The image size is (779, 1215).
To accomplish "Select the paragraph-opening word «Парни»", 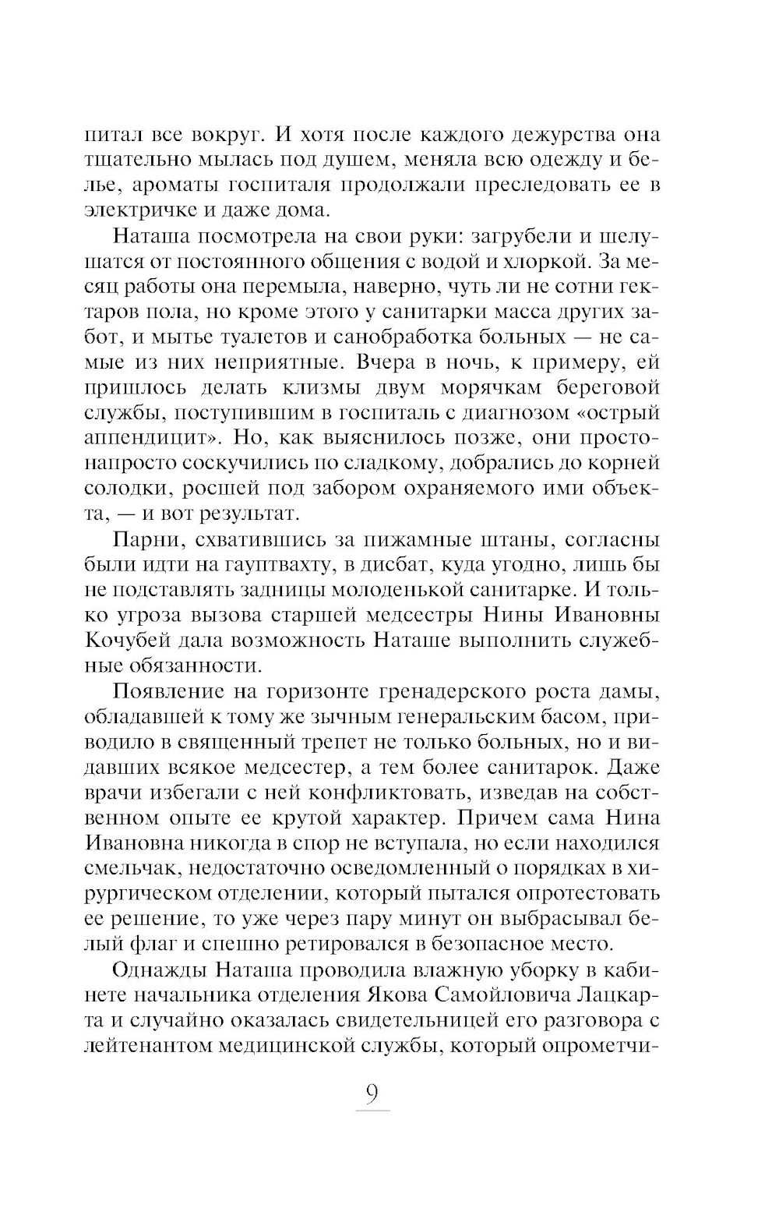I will tap(144, 539).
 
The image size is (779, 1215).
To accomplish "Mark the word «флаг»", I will tap(159, 944).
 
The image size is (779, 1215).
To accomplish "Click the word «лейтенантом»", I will tap(152, 1045).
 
